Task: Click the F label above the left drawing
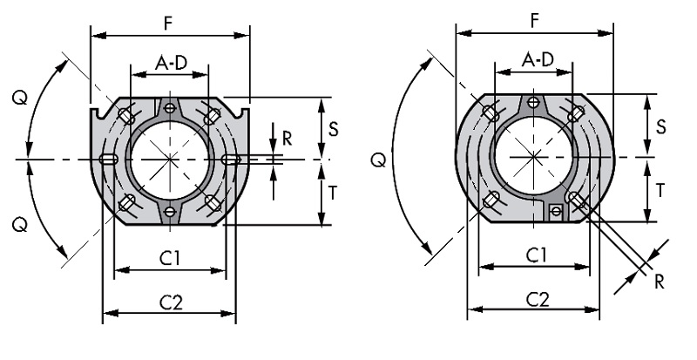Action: point(167,24)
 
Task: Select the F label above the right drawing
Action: point(535,21)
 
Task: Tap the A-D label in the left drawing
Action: point(171,63)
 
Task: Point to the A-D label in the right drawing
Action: point(538,59)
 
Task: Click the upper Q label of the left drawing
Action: point(20,98)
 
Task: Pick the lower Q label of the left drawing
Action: point(20,225)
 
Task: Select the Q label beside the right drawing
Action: point(378,160)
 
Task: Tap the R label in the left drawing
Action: point(288,139)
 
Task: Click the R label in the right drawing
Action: point(660,282)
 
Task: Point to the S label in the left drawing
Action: point(333,129)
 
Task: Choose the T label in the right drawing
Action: point(660,190)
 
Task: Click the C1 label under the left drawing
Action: point(171,258)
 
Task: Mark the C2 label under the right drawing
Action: point(538,300)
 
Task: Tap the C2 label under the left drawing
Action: point(172,303)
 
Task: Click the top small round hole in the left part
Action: point(169,108)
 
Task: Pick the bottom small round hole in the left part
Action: point(169,212)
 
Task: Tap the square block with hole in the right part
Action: point(556,211)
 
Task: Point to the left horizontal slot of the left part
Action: point(108,160)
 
